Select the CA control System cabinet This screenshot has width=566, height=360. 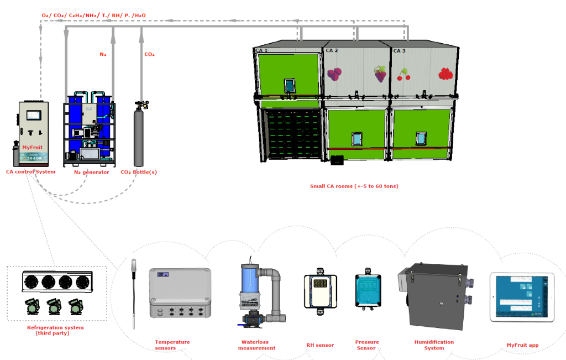[x=34, y=133]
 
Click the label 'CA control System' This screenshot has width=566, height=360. [x=31, y=171]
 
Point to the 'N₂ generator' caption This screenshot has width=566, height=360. [x=92, y=171]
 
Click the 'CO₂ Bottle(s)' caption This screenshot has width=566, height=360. [x=139, y=171]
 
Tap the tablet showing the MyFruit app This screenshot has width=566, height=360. [x=522, y=298]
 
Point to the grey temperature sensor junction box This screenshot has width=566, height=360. [x=180, y=293]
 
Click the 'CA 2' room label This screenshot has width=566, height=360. [x=332, y=50]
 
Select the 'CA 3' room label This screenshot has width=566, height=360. [x=399, y=50]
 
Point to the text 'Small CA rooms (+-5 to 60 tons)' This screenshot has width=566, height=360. [x=354, y=186]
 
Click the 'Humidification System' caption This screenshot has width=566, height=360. [x=434, y=345]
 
